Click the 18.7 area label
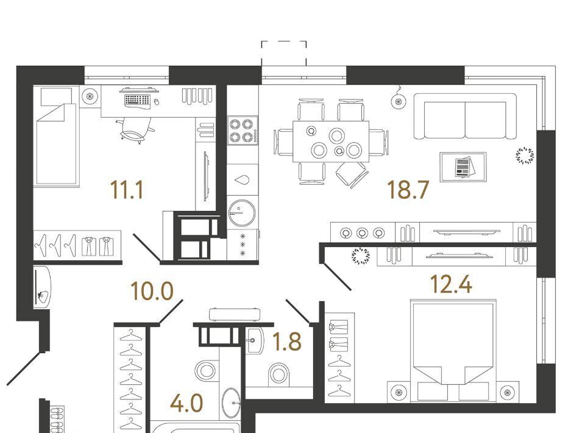tap(408, 190)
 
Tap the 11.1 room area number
tap(127, 190)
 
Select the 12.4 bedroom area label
tap(451, 284)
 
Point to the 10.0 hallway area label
tap(152, 291)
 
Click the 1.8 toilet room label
tap(287, 342)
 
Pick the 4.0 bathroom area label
tap(186, 404)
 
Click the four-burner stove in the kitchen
tap(243, 131)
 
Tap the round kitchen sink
tap(242, 213)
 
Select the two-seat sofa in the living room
tap(465, 116)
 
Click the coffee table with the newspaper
tap(463, 167)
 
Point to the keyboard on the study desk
tap(137, 100)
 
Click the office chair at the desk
tap(135, 131)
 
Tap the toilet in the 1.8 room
tap(278, 374)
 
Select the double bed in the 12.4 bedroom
tap(453, 351)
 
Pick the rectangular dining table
tap(331, 141)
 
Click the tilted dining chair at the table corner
tap(352, 174)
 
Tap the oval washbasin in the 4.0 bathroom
tap(232, 403)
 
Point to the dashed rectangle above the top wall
tap(284, 53)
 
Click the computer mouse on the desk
tap(157, 101)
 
